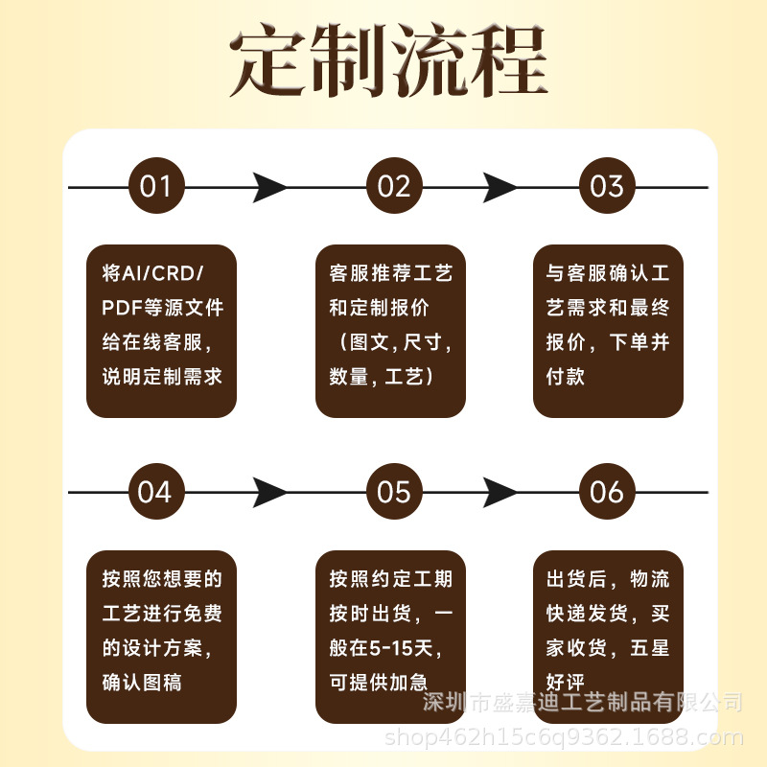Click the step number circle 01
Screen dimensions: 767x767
pyautogui.click(x=155, y=186)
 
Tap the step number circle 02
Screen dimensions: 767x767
pyautogui.click(x=394, y=186)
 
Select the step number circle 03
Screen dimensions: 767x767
pyautogui.click(x=607, y=186)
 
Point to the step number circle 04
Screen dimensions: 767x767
pyautogui.click(x=155, y=493)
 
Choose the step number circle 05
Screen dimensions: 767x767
pyautogui.click(x=394, y=493)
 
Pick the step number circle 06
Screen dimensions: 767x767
pyautogui.click(x=607, y=493)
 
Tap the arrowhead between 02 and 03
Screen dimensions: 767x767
pyautogui.click(x=500, y=187)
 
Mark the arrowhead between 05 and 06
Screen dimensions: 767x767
pyautogui.click(x=500, y=493)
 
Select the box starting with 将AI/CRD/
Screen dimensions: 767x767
pyautogui.click(x=161, y=331)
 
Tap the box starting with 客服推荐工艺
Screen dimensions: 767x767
pyautogui.click(x=390, y=331)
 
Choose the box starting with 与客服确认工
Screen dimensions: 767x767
pyautogui.click(x=608, y=331)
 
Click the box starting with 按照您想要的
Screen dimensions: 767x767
pyautogui.click(x=161, y=637)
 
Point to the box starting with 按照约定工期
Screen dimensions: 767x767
pyautogui.click(x=390, y=637)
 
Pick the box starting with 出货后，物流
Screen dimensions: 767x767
pyautogui.click(x=608, y=637)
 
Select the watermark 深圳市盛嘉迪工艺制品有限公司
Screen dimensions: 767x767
pyautogui.click(x=583, y=703)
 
